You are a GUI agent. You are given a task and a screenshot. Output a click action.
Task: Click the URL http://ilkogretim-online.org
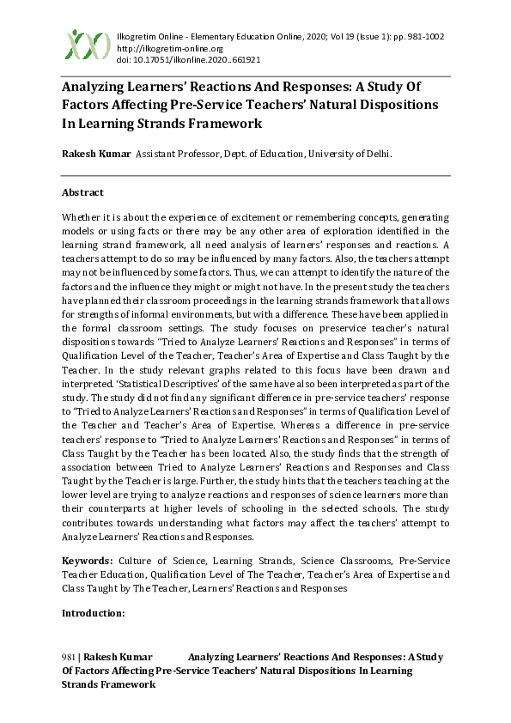click(x=162, y=49)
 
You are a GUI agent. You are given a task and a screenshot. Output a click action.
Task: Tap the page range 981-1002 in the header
click(x=420, y=37)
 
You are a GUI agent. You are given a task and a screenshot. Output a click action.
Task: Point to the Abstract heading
click(x=82, y=192)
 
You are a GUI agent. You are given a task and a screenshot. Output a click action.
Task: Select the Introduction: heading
click(x=94, y=613)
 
